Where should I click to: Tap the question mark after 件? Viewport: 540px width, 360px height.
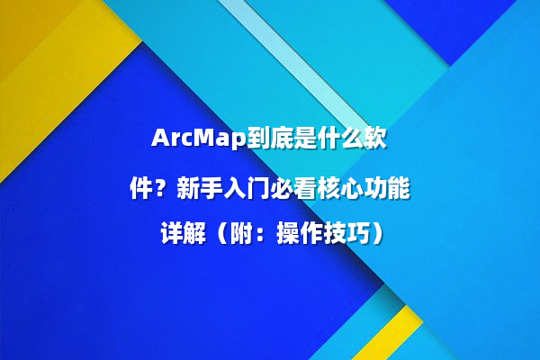point(163,189)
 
